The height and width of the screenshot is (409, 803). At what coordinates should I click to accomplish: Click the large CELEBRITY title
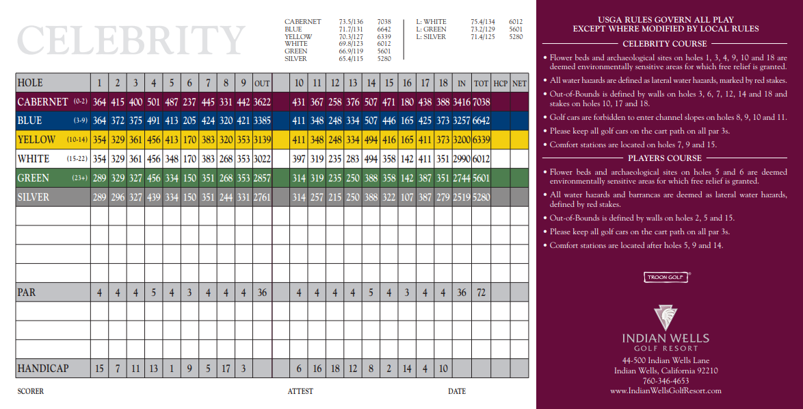pyautogui.click(x=131, y=40)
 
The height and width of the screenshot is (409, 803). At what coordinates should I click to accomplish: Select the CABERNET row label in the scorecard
pyautogui.click(x=42, y=102)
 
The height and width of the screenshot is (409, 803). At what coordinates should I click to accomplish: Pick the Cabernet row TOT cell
pyautogui.click(x=482, y=102)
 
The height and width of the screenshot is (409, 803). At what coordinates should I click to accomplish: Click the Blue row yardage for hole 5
pyautogui.click(x=172, y=121)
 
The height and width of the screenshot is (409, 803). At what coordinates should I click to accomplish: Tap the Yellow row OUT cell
pyautogui.click(x=262, y=140)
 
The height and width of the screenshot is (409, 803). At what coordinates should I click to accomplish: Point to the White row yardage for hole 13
pyautogui.click(x=353, y=159)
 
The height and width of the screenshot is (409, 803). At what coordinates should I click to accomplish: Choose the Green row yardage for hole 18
pyautogui.click(x=443, y=178)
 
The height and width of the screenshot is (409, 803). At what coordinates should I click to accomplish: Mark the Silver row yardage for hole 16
pyautogui.click(x=407, y=197)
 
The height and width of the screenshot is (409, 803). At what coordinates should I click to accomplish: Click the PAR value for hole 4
pyautogui.click(x=153, y=293)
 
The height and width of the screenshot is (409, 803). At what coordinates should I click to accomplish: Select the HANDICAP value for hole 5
pyautogui.click(x=172, y=369)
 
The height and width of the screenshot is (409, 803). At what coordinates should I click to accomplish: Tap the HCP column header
pyautogui.click(x=501, y=84)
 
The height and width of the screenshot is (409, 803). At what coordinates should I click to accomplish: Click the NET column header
pyautogui.click(x=520, y=84)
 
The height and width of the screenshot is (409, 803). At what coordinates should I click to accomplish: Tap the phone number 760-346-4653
pyautogui.click(x=666, y=381)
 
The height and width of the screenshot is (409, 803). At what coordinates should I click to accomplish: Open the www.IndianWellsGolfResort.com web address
pyautogui.click(x=666, y=391)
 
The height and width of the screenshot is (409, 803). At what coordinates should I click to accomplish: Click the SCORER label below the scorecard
pyautogui.click(x=30, y=391)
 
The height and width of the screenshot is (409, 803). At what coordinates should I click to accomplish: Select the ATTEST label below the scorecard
pyautogui.click(x=300, y=391)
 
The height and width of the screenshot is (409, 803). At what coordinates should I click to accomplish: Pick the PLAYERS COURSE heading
pyautogui.click(x=666, y=158)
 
